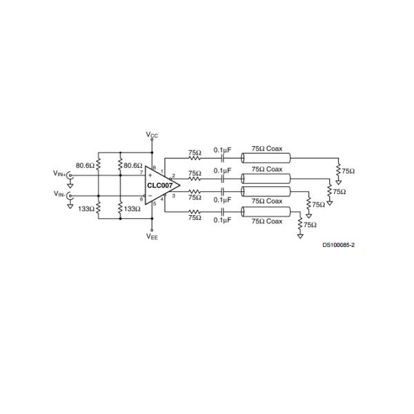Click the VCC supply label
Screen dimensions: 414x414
point(152,135)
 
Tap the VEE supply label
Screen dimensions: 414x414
point(152,237)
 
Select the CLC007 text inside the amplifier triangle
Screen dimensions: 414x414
point(159,185)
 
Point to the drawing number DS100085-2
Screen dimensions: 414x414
point(338,245)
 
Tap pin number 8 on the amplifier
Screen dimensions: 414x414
point(155,168)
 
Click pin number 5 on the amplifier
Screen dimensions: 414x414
point(155,204)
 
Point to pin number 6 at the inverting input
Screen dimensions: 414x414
point(141,199)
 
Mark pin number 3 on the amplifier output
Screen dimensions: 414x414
point(174,197)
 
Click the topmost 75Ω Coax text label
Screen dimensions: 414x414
point(266,149)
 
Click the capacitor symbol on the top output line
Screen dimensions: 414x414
point(222,158)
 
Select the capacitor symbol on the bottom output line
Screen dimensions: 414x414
point(222,211)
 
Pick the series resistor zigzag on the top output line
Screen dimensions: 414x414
point(195,158)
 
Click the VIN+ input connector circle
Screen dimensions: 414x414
point(70,175)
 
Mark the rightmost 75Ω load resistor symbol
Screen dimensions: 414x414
point(338,170)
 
